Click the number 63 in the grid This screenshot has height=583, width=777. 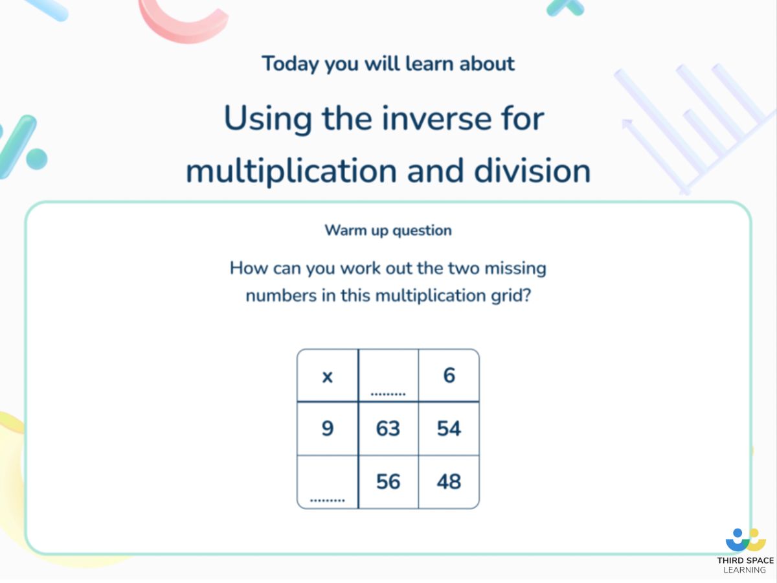388,429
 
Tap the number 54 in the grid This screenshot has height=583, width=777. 449,429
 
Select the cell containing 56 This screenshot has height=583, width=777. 388,482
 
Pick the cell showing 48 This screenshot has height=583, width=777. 449,482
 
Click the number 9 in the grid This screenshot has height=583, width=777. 328,429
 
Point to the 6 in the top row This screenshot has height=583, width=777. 449,376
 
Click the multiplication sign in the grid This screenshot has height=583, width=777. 328,377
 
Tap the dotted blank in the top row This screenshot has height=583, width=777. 388,393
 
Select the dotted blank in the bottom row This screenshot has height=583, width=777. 328,499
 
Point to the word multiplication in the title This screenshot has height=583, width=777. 292,171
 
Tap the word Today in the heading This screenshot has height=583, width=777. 290,64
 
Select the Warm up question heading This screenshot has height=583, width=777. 388,230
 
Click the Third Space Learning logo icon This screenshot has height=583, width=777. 745,540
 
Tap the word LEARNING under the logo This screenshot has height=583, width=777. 745,570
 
